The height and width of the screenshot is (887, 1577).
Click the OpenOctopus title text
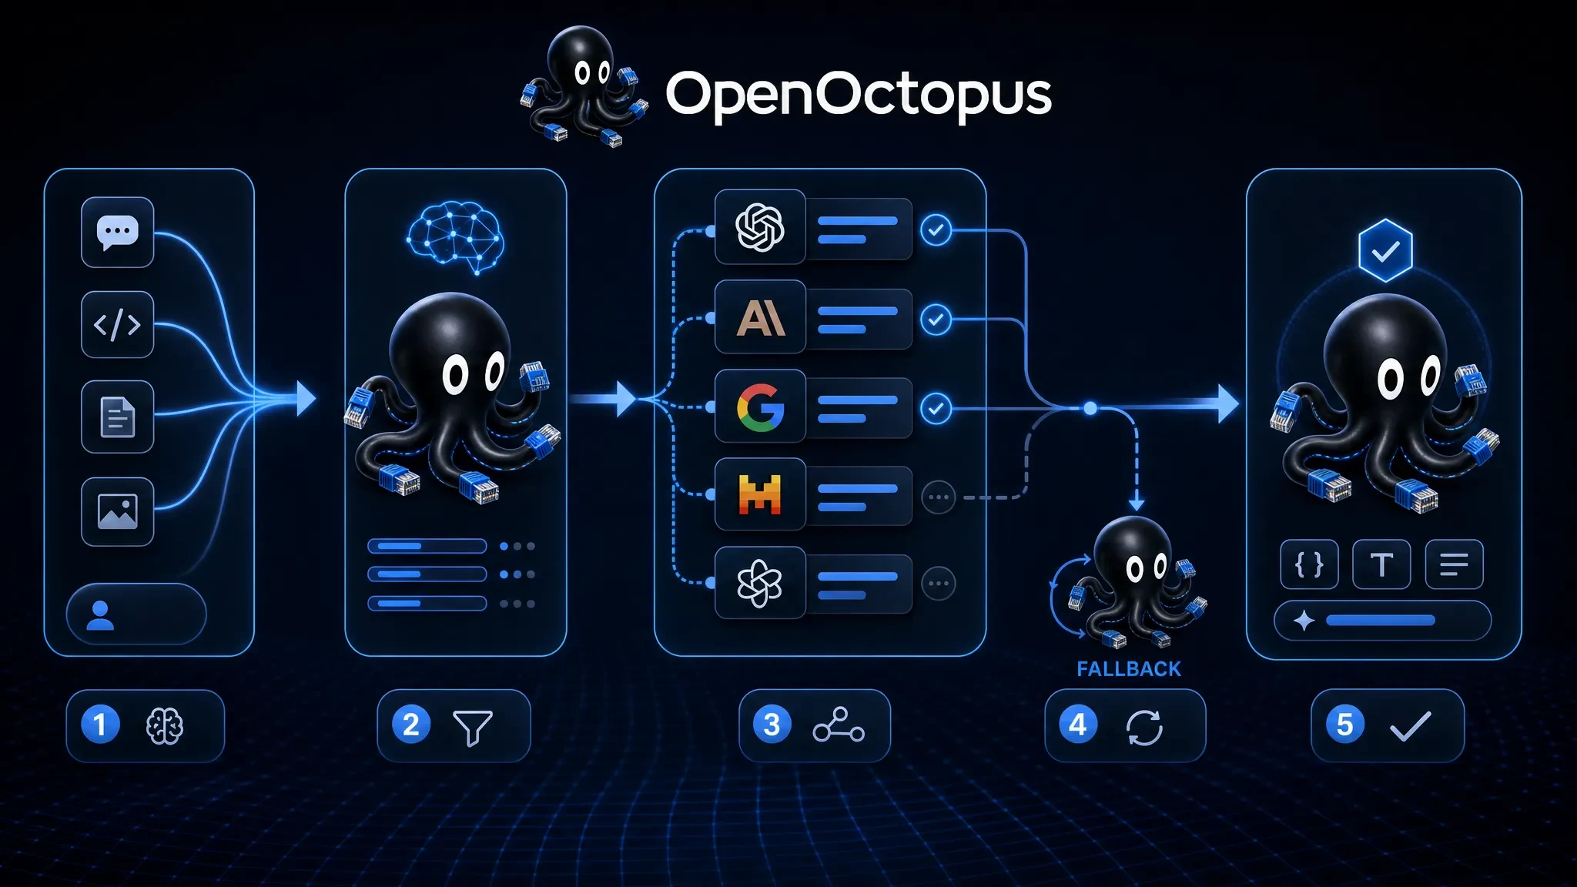859,95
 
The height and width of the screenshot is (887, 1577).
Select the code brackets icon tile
117,324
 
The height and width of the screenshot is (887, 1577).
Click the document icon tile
117,417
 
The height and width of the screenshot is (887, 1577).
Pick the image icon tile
117,511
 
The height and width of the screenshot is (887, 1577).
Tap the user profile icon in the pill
100,615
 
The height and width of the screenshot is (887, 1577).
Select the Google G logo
760,407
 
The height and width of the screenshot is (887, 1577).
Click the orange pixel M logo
760,494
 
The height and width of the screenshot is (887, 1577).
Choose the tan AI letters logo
761,318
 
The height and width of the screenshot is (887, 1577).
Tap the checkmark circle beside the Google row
936,408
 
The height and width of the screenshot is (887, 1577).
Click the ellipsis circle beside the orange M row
939,497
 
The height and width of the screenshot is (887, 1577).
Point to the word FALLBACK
1129,669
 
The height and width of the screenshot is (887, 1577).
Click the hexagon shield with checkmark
1385,250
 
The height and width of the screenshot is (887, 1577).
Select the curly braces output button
1309,564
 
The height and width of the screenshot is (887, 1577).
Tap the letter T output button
1381,564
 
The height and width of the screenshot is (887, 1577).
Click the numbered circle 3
772,725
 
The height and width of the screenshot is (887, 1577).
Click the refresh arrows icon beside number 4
1144,727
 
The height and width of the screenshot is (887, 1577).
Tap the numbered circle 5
1345,725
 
